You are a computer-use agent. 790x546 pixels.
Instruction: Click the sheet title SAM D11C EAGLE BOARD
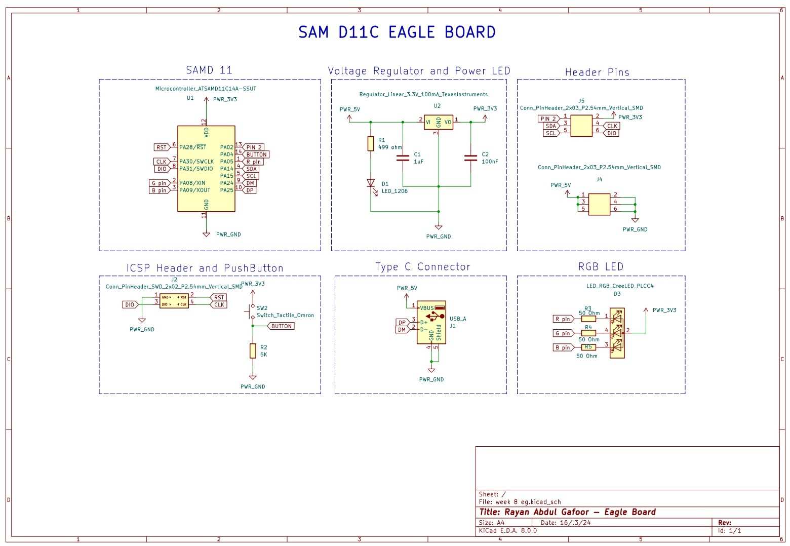tap(397, 32)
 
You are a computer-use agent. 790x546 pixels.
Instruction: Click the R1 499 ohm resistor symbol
tap(371, 143)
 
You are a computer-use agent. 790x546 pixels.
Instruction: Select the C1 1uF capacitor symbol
tap(403, 158)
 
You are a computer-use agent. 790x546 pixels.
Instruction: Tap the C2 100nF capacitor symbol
tap(470, 158)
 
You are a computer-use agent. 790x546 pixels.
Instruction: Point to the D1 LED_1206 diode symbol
tap(371, 183)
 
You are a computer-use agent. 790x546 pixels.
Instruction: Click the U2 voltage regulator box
tap(438, 122)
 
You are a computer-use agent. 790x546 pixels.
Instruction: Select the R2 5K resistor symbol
tap(253, 350)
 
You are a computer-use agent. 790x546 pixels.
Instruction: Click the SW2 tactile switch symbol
tap(253, 311)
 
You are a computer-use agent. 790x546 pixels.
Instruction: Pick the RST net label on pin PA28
tap(161, 147)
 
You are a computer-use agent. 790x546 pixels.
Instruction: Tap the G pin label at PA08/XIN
tap(159, 183)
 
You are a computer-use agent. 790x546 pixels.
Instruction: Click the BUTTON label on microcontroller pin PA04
tap(256, 154)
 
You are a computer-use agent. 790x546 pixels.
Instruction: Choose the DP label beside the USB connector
tap(402, 322)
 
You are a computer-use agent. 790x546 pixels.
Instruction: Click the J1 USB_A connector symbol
tap(431, 323)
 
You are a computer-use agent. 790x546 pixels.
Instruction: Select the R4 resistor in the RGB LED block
tap(588, 333)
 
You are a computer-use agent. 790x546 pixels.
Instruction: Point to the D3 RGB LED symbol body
tap(617, 333)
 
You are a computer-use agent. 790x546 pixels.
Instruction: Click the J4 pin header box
tap(599, 204)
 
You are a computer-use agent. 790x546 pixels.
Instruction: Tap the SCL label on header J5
tap(550, 133)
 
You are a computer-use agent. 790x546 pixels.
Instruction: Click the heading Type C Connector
tap(423, 267)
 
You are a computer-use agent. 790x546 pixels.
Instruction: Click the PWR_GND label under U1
tap(228, 235)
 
